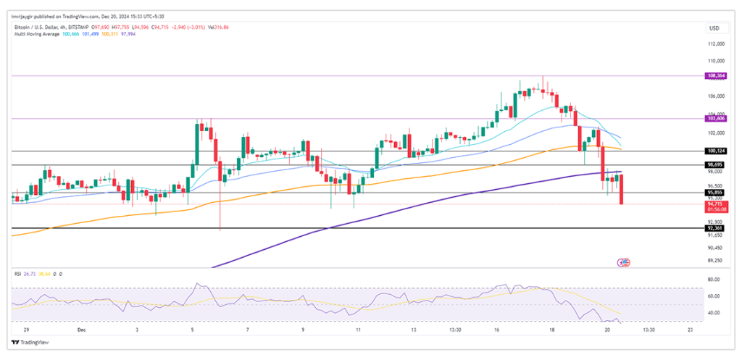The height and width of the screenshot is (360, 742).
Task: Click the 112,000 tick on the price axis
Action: coord(715,46)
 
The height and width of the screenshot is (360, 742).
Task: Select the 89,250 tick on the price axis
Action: coord(715,260)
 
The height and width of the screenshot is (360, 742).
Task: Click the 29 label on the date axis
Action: coord(16,329)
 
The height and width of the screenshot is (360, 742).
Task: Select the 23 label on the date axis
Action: coord(690,329)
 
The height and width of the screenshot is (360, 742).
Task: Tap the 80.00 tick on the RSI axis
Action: coord(714,280)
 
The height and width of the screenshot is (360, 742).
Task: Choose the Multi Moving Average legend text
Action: coord(38,34)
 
